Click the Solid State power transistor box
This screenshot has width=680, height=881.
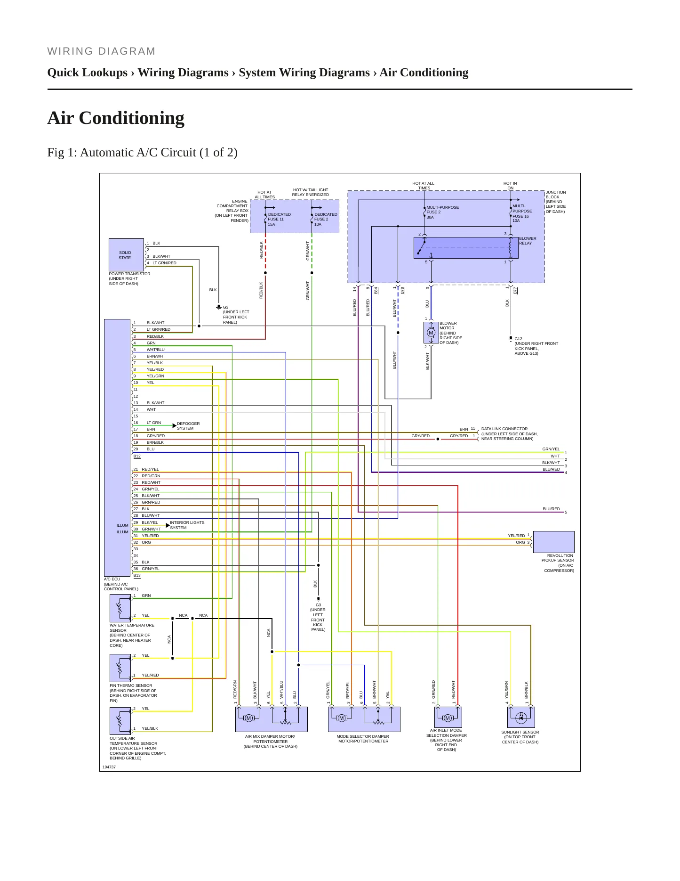[126, 255]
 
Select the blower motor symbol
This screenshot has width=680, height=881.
[431, 333]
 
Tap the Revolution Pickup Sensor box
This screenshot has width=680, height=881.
[553, 542]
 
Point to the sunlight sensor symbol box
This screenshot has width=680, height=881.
[521, 717]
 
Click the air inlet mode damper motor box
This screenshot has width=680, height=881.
[448, 717]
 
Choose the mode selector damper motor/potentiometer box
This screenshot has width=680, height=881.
[364, 719]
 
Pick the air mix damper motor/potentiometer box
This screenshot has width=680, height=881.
[271, 719]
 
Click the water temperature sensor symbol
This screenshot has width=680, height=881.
[120, 608]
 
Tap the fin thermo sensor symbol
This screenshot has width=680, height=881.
[120, 668]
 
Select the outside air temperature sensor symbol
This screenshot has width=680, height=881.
[120, 721]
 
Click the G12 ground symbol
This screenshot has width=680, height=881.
[511, 338]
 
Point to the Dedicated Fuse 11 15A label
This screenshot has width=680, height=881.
[279, 219]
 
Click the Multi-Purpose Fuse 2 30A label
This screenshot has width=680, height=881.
[442, 212]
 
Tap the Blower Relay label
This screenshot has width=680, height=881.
[528, 241]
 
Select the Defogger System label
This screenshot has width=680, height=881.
[188, 426]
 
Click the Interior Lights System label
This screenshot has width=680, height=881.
[187, 525]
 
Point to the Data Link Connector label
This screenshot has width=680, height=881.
[504, 429]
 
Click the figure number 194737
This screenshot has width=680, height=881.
[109, 767]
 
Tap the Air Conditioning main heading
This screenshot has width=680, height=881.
[116, 118]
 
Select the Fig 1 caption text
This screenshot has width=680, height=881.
[142, 152]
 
